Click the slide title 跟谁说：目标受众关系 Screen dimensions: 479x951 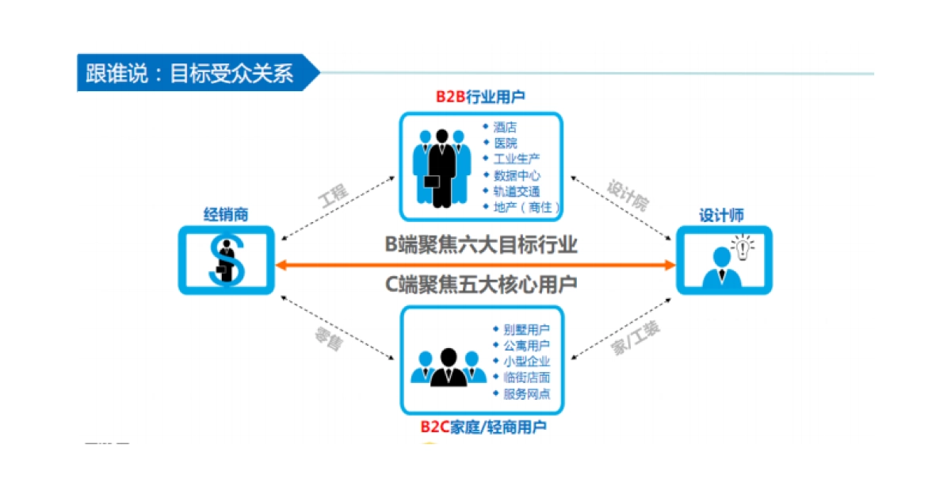[190, 74]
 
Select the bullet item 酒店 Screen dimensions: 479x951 [505, 127]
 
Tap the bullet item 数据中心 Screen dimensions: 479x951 [517, 175]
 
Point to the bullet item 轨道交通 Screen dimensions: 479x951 [517, 191]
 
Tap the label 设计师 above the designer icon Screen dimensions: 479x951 [721, 215]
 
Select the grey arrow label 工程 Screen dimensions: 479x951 [333, 196]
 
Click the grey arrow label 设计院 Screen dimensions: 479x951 [628, 195]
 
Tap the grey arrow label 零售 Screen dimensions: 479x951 [327, 339]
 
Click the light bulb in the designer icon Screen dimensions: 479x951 [742, 245]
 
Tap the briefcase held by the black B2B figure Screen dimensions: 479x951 [432, 182]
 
